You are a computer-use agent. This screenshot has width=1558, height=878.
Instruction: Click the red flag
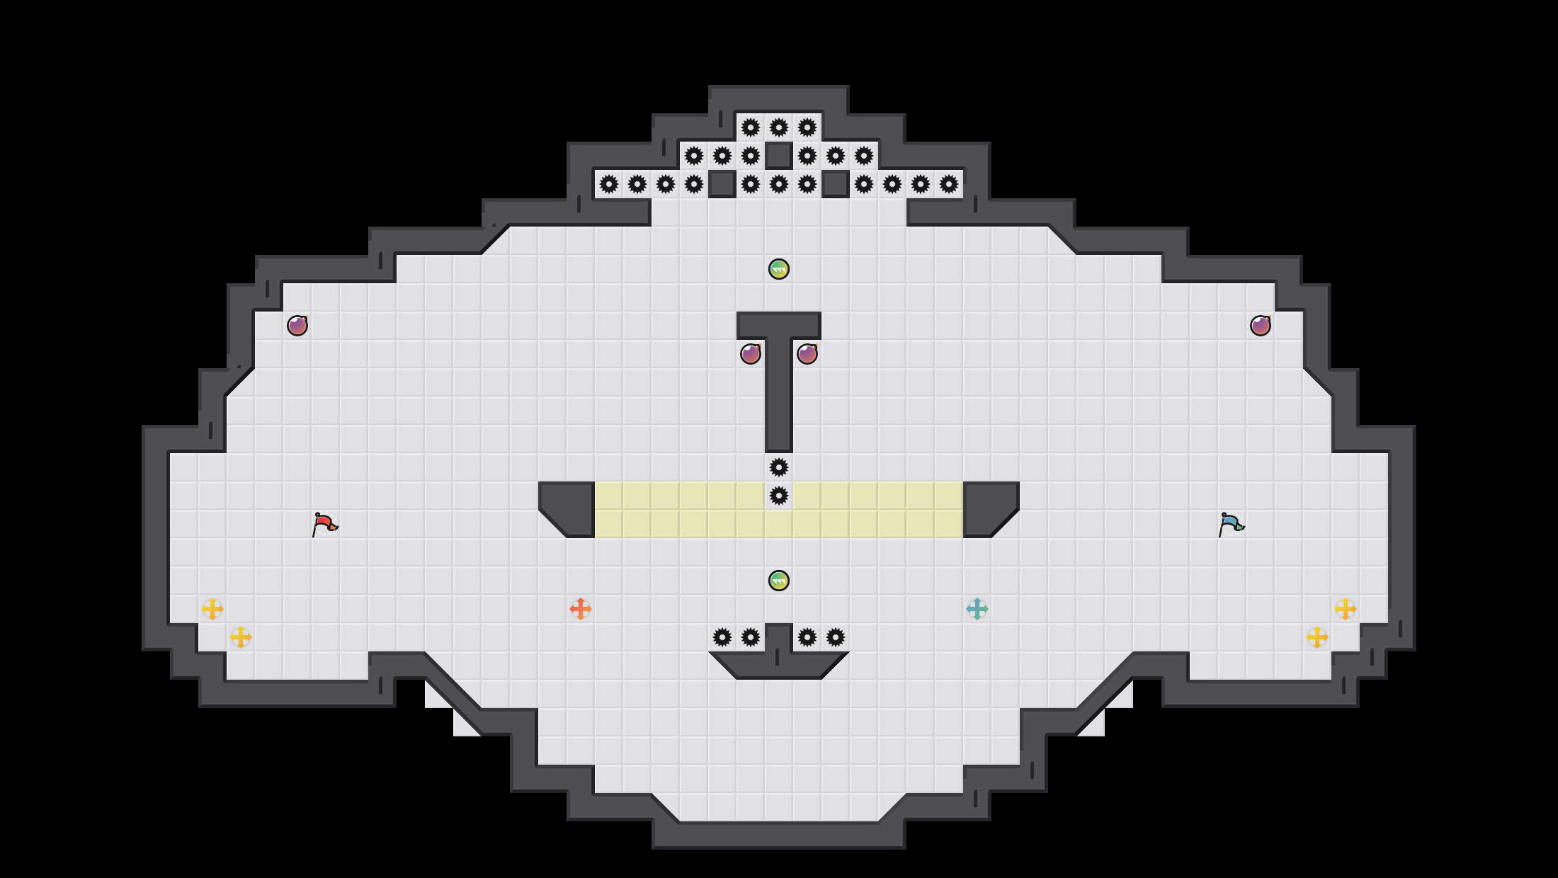[324, 524]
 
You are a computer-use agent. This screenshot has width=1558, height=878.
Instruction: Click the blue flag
[1231, 524]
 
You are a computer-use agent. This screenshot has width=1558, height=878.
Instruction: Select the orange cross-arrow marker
[580, 609]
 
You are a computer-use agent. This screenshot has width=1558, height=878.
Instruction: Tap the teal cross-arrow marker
[977, 609]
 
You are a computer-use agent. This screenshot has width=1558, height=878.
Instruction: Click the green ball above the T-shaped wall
[778, 269]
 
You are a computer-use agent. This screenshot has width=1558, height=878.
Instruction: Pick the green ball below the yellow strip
[778, 581]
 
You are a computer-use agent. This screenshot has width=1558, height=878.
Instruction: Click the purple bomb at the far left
[297, 326]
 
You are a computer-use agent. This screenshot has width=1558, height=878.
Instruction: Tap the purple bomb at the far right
[1260, 326]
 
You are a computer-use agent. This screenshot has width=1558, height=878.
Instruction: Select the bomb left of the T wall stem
[750, 353]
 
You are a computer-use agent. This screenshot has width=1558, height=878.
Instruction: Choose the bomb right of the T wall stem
[807, 353]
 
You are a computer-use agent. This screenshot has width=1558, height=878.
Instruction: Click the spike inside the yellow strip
[778, 496]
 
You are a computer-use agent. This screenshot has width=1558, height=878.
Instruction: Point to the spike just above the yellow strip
[778, 467]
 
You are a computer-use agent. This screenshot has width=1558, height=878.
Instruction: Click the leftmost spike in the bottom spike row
[722, 637]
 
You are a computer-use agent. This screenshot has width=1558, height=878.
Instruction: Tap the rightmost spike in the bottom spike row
[835, 637]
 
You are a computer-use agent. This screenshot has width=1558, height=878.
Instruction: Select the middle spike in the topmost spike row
[778, 127]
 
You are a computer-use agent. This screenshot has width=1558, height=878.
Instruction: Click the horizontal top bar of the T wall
[778, 325]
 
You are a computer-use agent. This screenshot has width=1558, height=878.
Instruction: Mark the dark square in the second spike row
[778, 156]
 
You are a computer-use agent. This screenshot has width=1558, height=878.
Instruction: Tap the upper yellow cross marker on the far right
[1345, 609]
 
